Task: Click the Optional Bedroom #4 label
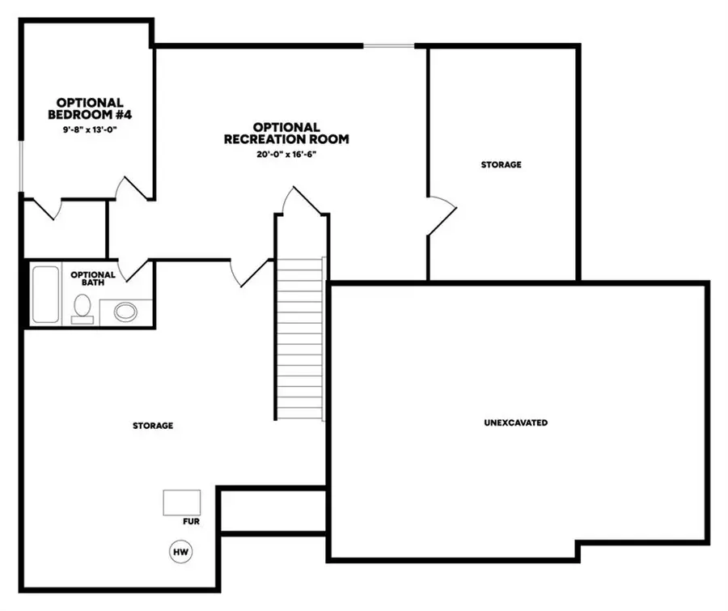tap(90, 108)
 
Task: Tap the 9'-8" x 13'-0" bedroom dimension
tap(90, 129)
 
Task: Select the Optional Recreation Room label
tap(286, 134)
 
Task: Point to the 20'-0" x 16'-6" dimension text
tap(286, 155)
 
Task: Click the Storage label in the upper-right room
tap(502, 164)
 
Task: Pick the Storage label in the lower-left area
tap(154, 426)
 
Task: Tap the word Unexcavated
tap(516, 422)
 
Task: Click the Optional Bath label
tap(93, 279)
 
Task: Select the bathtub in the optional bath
tap(46, 295)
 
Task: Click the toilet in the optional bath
tap(82, 308)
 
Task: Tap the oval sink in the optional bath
tap(125, 312)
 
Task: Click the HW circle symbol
tap(180, 553)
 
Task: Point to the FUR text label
tap(191, 522)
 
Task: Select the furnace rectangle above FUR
tap(182, 502)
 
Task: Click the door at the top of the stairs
tap(304, 202)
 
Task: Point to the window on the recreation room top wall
tap(389, 45)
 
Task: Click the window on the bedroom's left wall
tap(20, 166)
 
